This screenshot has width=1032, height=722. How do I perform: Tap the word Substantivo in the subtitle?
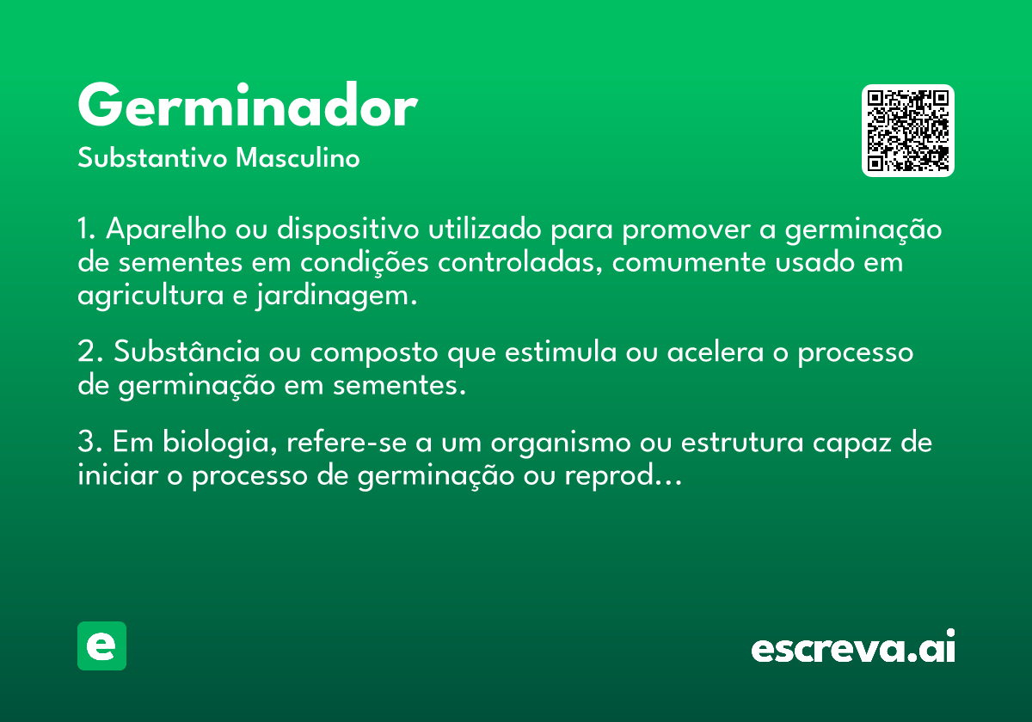tap(152, 157)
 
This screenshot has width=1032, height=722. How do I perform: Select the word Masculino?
tap(298, 157)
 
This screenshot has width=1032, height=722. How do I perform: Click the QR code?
tap(907, 131)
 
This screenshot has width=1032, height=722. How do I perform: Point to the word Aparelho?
tap(166, 229)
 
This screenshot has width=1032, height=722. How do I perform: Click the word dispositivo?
tap(347, 229)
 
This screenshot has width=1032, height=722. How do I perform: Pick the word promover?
tap(686, 230)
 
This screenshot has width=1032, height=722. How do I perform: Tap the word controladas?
tap(519, 262)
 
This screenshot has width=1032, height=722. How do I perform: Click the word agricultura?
tap(150, 295)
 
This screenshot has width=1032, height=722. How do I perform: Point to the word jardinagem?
tap(337, 295)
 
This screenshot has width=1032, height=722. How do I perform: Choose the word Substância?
tap(187, 352)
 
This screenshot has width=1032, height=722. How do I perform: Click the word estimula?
tap(561, 352)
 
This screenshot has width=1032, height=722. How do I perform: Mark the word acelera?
tap(716, 352)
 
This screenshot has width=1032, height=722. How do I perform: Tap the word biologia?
tap(220, 442)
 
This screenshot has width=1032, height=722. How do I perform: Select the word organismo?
tap(561, 443)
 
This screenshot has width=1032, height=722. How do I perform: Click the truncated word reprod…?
tap(623, 475)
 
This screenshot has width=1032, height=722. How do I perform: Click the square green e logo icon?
tap(101, 646)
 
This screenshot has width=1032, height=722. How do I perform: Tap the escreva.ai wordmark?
tap(853, 646)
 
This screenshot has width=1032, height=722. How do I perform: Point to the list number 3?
tap(88, 442)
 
